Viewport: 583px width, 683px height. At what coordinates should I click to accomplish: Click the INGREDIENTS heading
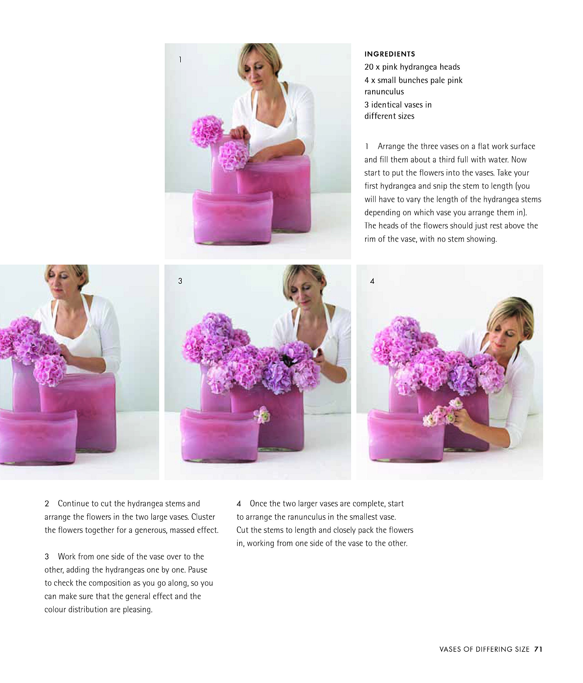tap(389, 54)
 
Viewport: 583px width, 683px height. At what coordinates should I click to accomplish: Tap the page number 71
tap(538, 649)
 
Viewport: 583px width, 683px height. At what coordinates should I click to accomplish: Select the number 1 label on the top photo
tap(180, 60)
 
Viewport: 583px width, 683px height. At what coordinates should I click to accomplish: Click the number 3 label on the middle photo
tap(180, 281)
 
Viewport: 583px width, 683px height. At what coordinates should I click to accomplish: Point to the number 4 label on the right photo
tap(372, 281)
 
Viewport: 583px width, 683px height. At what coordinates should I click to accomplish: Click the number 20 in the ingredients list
tap(369, 67)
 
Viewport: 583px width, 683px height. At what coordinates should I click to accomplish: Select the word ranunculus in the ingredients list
tap(384, 92)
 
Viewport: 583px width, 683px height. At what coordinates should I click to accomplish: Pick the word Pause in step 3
tap(198, 570)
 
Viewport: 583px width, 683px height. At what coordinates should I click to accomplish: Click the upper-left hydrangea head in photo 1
tap(207, 131)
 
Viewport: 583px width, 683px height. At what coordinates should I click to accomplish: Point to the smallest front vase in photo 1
tap(233, 217)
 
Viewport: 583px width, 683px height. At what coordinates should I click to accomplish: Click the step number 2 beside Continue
tap(47, 503)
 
